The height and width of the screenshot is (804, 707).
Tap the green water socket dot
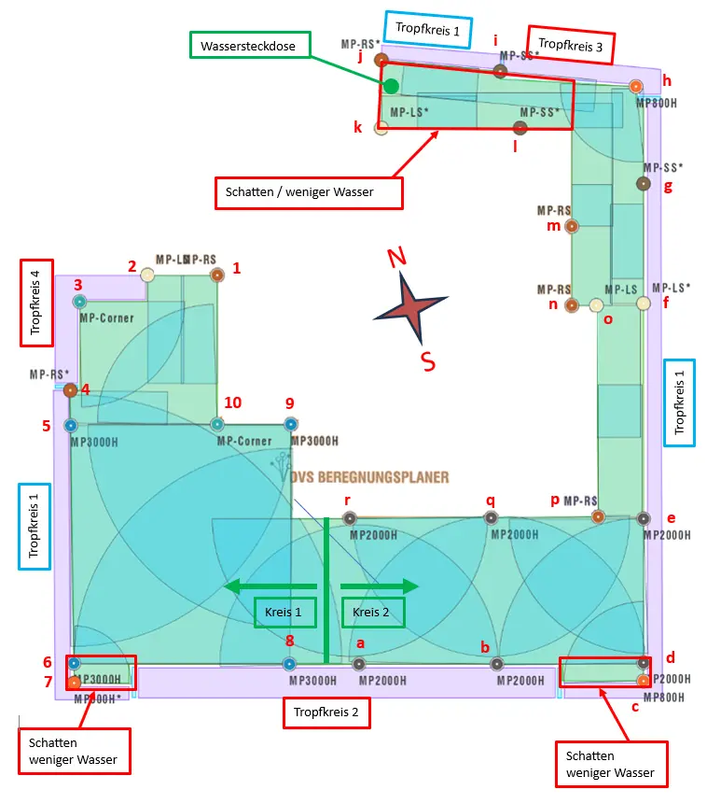click(392, 86)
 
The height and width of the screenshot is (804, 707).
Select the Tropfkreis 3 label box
click(572, 44)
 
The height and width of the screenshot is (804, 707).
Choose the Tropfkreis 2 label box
click(326, 713)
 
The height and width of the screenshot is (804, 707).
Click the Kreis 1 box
click(284, 613)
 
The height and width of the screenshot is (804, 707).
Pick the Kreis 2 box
click(373, 613)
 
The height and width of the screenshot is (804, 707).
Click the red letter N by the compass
click(396, 258)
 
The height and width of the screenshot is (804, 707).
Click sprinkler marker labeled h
click(636, 87)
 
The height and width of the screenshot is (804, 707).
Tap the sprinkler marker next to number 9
click(291, 425)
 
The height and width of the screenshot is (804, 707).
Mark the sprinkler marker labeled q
click(491, 518)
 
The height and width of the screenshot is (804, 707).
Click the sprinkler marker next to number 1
click(217, 275)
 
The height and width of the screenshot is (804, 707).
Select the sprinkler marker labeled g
click(643, 184)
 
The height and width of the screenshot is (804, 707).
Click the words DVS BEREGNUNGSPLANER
click(369, 477)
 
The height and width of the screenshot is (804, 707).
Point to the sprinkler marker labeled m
click(572, 226)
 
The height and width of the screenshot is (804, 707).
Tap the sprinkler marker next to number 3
click(79, 302)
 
